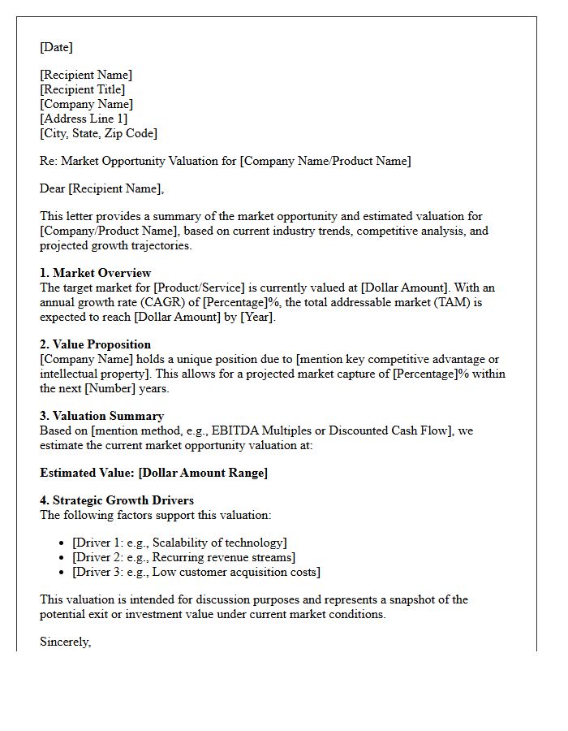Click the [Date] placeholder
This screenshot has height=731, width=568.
pos(56,47)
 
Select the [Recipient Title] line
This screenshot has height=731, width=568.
pos(82,89)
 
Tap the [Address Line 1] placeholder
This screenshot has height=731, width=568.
pos(84,119)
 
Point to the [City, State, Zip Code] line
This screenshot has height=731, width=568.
pos(98,133)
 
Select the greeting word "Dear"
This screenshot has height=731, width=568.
pos(53,188)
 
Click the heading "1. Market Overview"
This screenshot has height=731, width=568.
pos(95,273)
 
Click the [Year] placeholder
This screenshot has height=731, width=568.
pos(255,317)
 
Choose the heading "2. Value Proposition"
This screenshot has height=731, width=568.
pos(95,344)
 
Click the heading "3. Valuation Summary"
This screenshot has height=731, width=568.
pos(101,416)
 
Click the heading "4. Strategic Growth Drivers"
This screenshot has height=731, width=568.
pos(117,500)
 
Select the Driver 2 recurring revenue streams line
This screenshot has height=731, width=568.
pos(183,557)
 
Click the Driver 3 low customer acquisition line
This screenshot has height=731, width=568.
pos(196,572)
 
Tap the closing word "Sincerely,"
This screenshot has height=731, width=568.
pos(65,642)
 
